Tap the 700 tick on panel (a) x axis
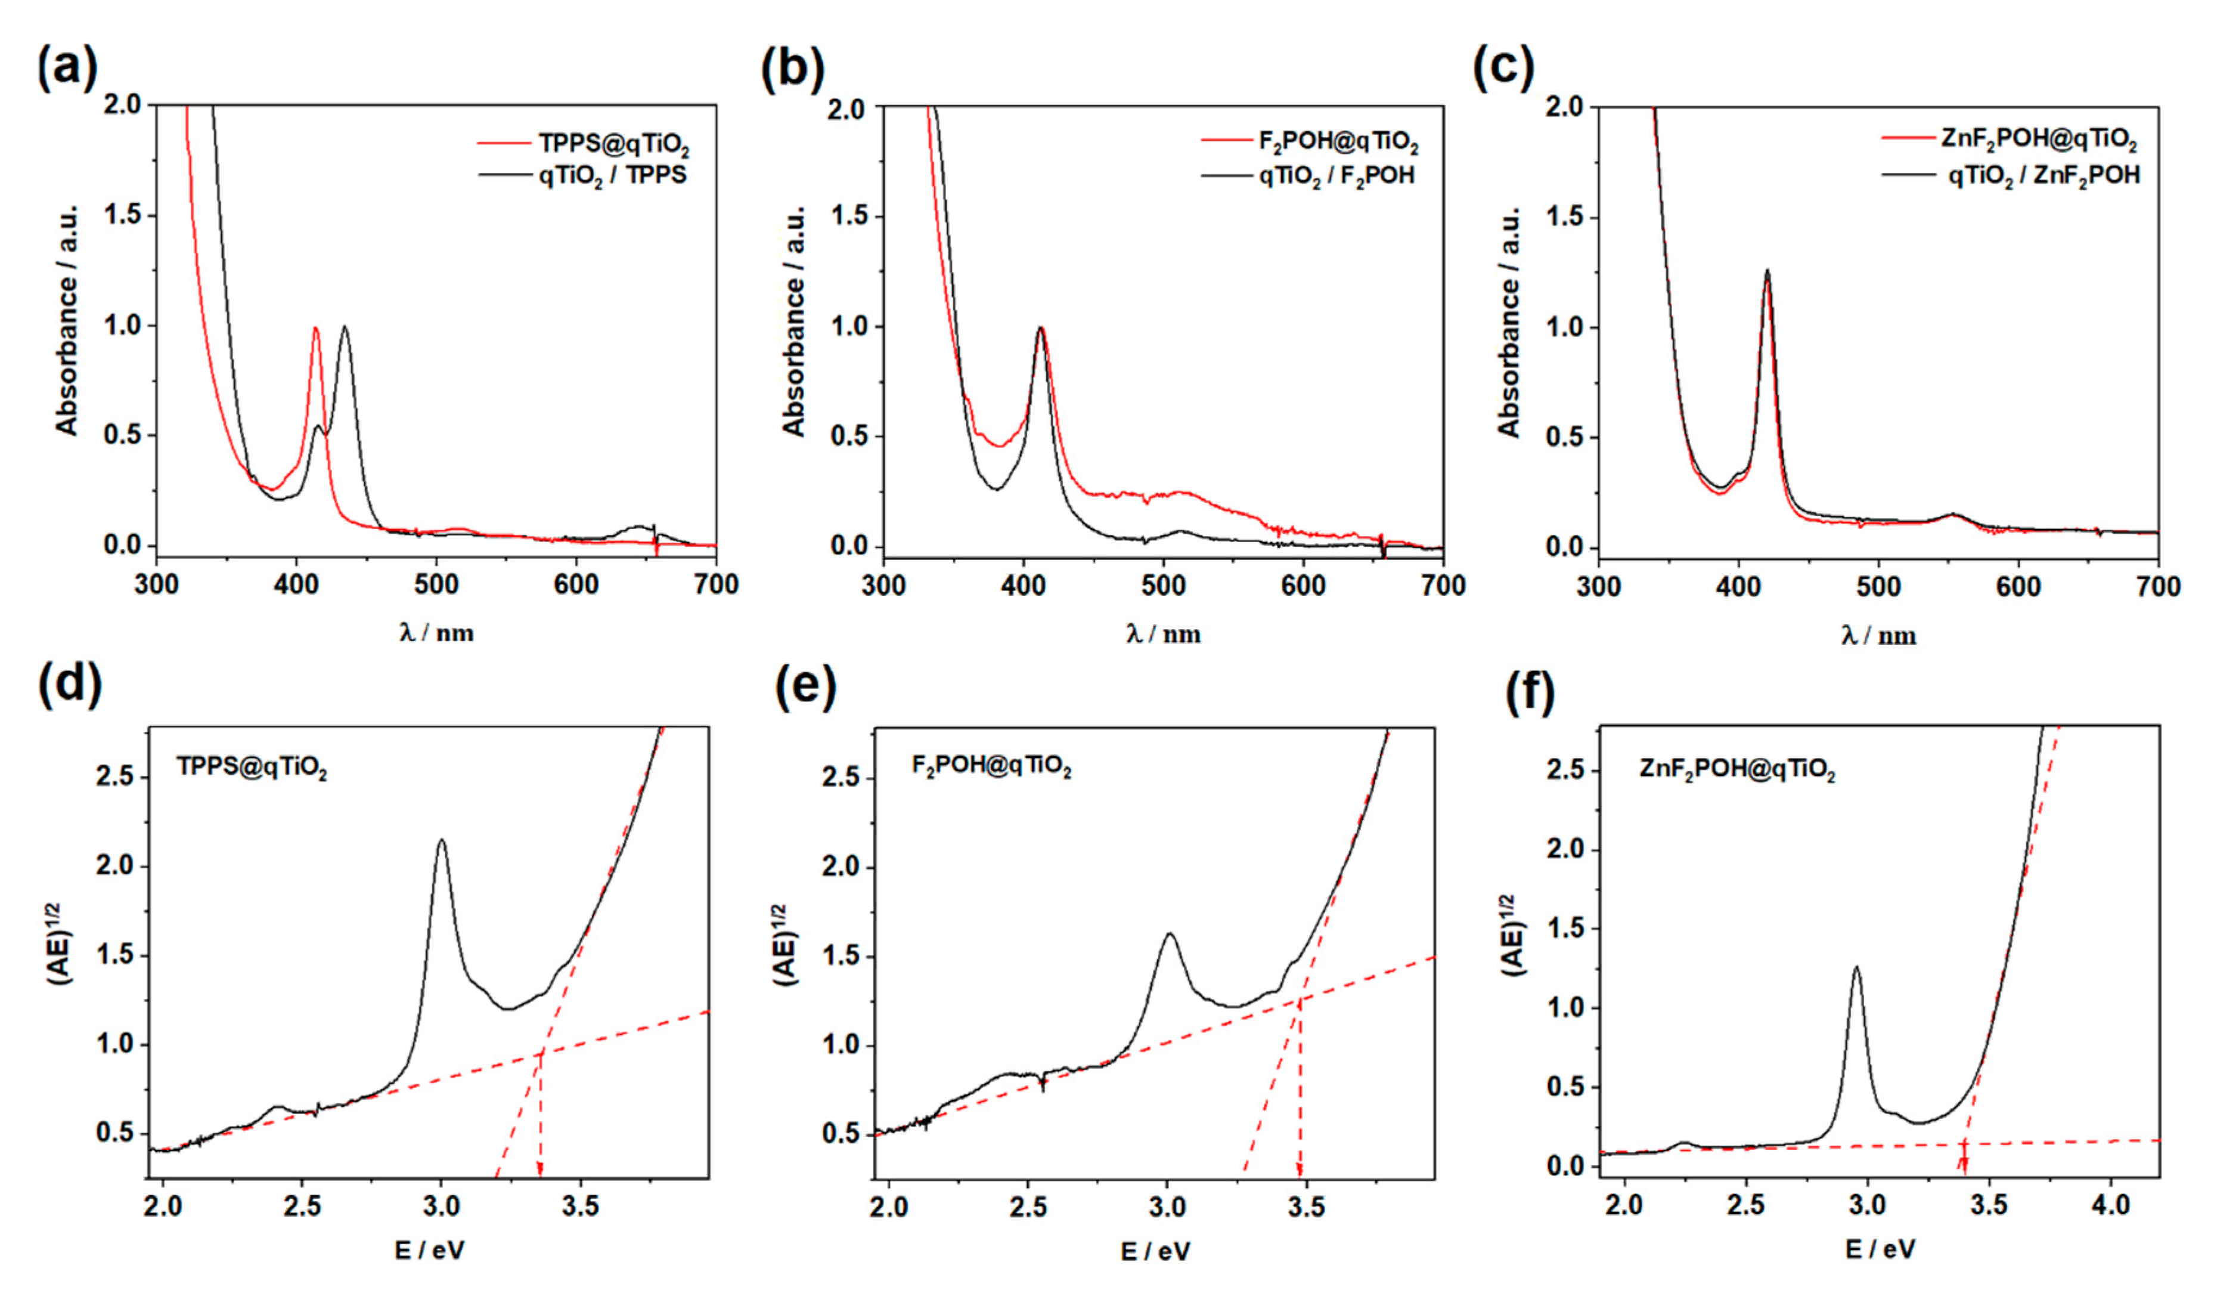[x=716, y=584]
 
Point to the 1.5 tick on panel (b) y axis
[x=849, y=216]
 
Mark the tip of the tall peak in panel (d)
[x=441, y=840]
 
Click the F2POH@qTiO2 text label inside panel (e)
[x=991, y=768]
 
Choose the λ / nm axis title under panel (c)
[x=1878, y=635]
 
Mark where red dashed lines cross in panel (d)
[x=541, y=1052]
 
